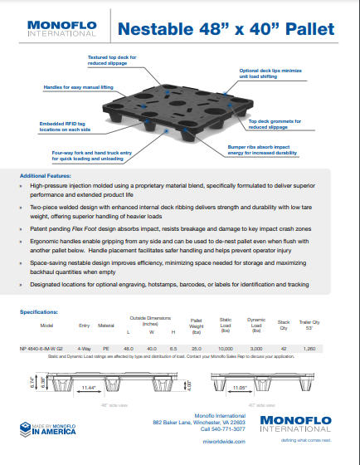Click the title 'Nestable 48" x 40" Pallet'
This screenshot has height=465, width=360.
[226, 30]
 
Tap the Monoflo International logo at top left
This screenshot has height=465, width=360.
[59, 29]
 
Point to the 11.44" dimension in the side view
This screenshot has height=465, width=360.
[88, 387]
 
